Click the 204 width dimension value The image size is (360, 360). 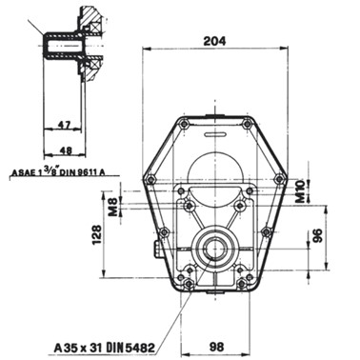pyautogui.click(x=214, y=41)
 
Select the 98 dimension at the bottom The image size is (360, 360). pyautogui.click(x=216, y=346)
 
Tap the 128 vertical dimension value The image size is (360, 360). pyautogui.click(x=97, y=234)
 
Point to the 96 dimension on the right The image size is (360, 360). pyautogui.click(x=317, y=235)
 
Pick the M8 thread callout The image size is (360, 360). pyautogui.click(x=112, y=207)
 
